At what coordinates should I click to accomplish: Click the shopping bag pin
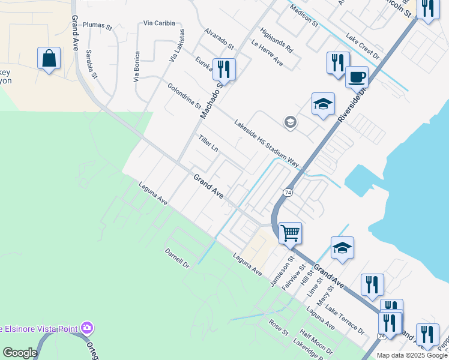pyautogui.click(x=49, y=59)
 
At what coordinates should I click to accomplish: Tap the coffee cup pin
pyautogui.click(x=357, y=77)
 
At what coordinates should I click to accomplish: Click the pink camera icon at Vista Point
pyautogui.click(x=88, y=328)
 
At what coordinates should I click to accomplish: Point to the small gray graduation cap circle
pyautogui.click(x=290, y=122)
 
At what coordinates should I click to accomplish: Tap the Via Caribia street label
pyautogui.click(x=159, y=23)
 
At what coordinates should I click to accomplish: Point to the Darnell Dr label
pyautogui.click(x=177, y=256)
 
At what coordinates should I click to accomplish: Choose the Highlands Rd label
pyautogui.click(x=276, y=40)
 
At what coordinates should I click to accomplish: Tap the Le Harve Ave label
pyautogui.click(x=267, y=53)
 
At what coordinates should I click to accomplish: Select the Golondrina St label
pyautogui.click(x=184, y=96)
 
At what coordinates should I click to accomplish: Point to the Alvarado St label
pyautogui.click(x=218, y=37)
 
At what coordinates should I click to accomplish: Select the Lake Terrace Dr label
pyautogui.click(x=345, y=319)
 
